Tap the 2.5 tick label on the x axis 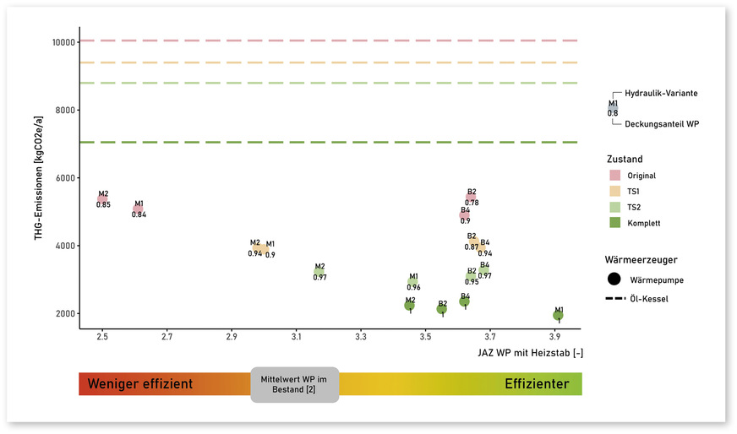point(102,338)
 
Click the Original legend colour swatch point(615,176)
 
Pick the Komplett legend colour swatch point(615,223)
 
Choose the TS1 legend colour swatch point(615,192)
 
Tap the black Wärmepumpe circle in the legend point(614,279)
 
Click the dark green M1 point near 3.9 point(558,316)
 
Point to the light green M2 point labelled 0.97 point(319,272)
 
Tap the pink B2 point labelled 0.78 point(471,198)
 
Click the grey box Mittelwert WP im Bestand point(295,384)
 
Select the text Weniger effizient point(139,384)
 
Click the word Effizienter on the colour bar point(536,384)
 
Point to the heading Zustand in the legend point(624,159)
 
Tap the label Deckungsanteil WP point(661,124)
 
